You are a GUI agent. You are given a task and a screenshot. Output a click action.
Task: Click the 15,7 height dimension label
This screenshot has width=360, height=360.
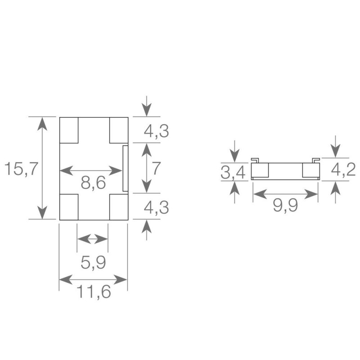tap(18, 170)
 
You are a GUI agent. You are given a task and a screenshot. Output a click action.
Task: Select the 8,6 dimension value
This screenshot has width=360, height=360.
tap(94, 183)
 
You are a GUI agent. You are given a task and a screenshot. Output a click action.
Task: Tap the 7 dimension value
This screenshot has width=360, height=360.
tap(156, 168)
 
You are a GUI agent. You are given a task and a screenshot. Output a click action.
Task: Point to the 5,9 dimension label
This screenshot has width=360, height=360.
tap(93, 262)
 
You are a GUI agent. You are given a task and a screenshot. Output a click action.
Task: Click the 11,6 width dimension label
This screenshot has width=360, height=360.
tap(93, 292)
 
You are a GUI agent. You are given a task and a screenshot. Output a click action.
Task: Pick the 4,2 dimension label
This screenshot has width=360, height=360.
tap(343, 170)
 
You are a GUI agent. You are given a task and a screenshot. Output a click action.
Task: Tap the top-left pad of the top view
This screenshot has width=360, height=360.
tap(69, 130)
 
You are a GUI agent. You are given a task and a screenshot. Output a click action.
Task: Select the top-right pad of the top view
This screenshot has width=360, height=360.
tap(119, 130)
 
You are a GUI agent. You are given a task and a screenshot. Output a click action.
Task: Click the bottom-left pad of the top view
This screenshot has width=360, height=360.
tap(69, 207)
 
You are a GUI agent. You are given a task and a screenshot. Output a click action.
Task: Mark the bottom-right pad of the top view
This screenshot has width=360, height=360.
tap(118, 207)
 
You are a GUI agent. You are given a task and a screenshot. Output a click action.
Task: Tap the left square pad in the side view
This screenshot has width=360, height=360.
tap(260, 170)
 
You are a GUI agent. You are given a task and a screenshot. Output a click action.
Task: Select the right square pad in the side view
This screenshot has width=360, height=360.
tap(310, 170)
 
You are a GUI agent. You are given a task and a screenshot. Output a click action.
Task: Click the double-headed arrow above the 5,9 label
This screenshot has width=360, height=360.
tap(93, 238)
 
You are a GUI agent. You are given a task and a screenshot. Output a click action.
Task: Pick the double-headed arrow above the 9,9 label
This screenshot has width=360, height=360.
tap(285, 194)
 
